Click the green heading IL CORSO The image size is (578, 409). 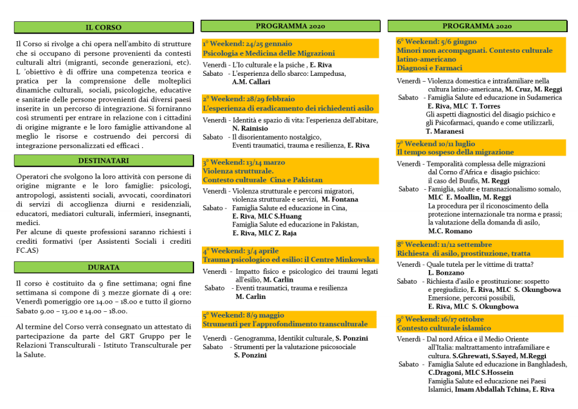pyautogui.click(x=104, y=28)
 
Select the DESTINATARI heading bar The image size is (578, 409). pyautogui.click(x=104, y=161)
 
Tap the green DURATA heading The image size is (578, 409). pyautogui.click(x=104, y=267)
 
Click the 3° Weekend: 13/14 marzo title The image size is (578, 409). pyautogui.click(x=244, y=163)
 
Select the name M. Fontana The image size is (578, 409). pyautogui.click(x=345, y=199)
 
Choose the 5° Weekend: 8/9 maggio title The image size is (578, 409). pyautogui.click(x=243, y=315)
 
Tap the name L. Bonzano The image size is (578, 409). pyautogui.click(x=446, y=273)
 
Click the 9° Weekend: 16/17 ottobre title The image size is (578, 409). pyautogui.click(x=440, y=319)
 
